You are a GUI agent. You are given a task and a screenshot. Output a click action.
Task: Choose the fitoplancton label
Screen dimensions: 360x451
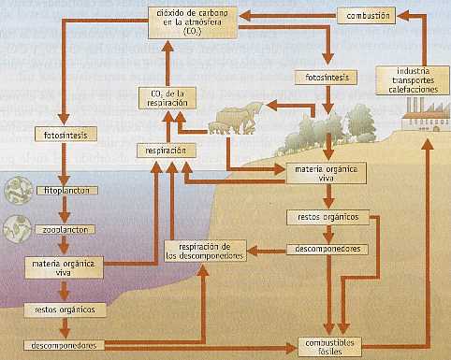pos(62,190)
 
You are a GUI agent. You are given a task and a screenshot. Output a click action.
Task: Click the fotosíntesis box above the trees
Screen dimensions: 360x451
pos(323,77)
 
